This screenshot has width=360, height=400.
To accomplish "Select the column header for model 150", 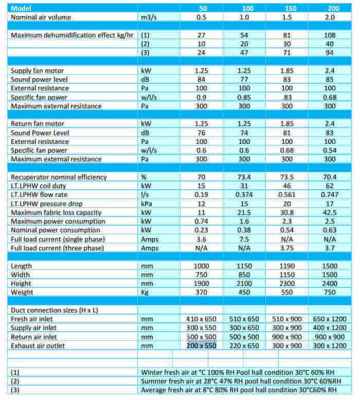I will coord(289,8).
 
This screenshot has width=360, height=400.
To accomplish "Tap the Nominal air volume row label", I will coord(41,17).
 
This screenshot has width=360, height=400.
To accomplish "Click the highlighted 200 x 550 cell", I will coord(201,346).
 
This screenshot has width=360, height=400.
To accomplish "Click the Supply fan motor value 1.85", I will coord(289,70).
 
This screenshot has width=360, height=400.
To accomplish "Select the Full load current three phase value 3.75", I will coord(289,248).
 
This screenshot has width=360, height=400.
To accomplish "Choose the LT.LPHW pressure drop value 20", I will coord(289,204).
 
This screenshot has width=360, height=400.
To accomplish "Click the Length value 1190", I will coord(289,266).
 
